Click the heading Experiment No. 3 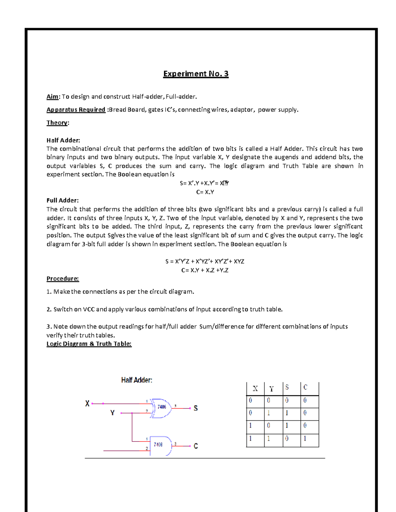click(x=196, y=74)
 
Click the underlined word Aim click(x=52, y=97)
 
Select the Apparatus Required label click(x=76, y=110)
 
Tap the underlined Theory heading click(x=57, y=123)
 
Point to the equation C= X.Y click(x=205, y=192)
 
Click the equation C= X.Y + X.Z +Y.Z click(x=205, y=270)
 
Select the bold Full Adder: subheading click(x=62, y=200)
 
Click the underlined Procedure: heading click(x=63, y=279)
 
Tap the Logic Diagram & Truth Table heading click(x=89, y=344)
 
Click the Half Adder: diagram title click(x=137, y=380)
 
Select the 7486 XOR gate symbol click(x=161, y=407)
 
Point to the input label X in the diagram click(x=87, y=404)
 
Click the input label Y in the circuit click(x=113, y=413)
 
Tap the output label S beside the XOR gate click(x=196, y=408)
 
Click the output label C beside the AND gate click(x=196, y=446)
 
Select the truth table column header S click(x=287, y=388)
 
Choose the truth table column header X click(x=255, y=389)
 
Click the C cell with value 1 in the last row click(x=305, y=439)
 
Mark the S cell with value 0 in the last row click(x=287, y=439)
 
